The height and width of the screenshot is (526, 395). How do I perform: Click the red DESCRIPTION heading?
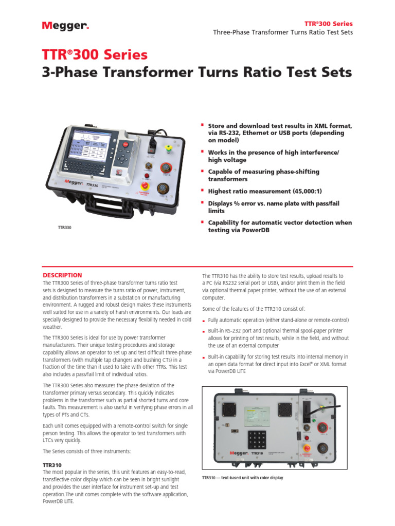(x=62, y=275)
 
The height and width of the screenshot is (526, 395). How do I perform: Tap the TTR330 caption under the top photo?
(x=64, y=227)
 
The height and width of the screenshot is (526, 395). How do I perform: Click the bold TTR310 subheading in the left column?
(x=52, y=464)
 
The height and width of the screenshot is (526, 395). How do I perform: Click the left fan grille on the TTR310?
(x=227, y=409)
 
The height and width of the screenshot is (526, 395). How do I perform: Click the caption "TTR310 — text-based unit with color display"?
(x=243, y=478)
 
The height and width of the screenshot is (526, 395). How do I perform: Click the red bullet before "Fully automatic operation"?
(x=204, y=321)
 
